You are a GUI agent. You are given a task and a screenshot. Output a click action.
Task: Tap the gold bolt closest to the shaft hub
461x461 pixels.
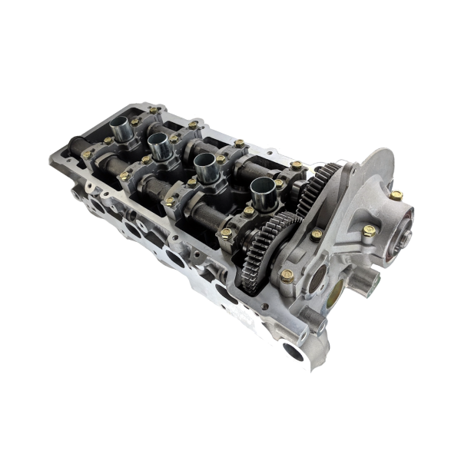tap(396, 196)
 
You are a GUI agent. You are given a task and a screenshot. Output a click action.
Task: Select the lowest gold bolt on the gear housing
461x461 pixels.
tap(287, 275)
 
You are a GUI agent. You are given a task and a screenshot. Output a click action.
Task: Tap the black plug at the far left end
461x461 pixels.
tap(76, 143)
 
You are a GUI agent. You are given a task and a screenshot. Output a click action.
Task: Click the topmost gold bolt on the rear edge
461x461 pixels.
tap(154, 110)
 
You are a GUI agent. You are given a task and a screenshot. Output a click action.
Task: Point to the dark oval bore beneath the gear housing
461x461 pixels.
tap(224, 291)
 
